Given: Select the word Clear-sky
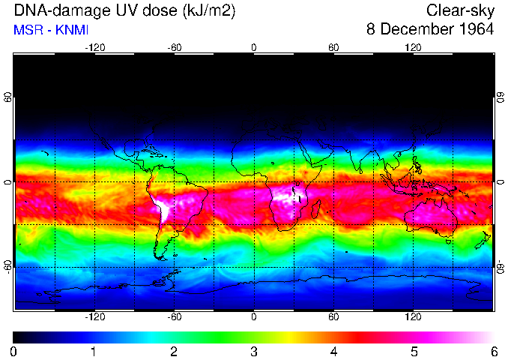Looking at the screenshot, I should coord(460,10).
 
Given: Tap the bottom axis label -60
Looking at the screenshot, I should coord(174,317).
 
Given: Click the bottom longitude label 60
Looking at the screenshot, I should coord(333,317).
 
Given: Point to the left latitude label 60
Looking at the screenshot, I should coord(7,98).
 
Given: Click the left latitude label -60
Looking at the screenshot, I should coord(7,266).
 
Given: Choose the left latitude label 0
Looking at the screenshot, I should coord(7,182).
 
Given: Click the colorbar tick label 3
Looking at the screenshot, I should coord(254,351).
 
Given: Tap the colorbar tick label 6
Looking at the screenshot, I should coord(494,351).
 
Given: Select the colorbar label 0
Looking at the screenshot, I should coord(14,351).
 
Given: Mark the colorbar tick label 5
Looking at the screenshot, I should coord(414,351).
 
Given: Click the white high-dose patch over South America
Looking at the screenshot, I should coord(165,207).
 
